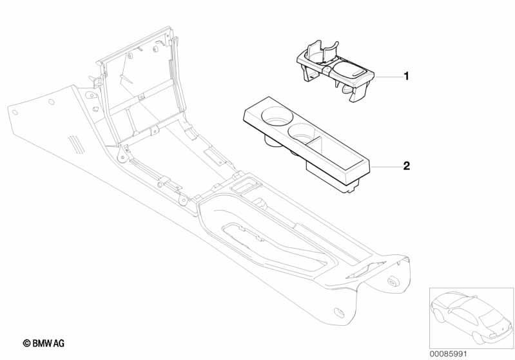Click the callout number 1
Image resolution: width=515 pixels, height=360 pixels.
tap(406, 77)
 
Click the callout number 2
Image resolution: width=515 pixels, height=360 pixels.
tap(407, 166)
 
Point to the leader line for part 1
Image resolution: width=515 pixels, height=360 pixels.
tap(389, 77)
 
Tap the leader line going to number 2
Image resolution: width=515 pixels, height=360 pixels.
tap(387, 167)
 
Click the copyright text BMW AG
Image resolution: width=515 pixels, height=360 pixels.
tap(48, 343)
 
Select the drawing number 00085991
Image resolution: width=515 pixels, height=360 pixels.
tap(448, 354)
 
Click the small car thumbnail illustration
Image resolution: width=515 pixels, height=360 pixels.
tap(471, 318)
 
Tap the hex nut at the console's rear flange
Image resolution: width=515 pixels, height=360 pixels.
tap(392, 281)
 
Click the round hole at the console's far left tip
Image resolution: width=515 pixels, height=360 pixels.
tap(15, 113)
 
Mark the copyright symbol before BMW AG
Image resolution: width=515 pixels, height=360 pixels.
tap(26, 344)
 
